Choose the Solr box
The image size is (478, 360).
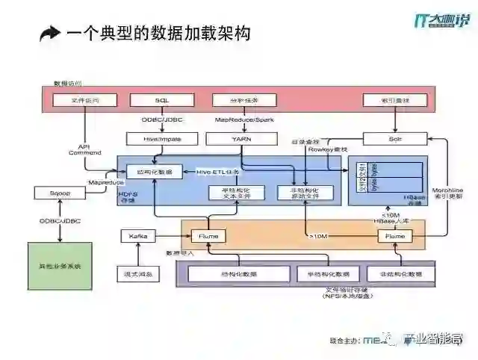[395, 138]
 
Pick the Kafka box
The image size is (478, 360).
[138, 236]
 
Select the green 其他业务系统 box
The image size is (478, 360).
[60, 266]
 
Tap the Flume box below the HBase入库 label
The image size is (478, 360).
[394, 236]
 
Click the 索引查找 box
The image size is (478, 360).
[395, 99]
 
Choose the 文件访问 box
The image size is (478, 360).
[84, 99]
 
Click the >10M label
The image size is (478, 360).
[319, 236]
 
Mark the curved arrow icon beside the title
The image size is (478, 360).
[50, 33]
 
